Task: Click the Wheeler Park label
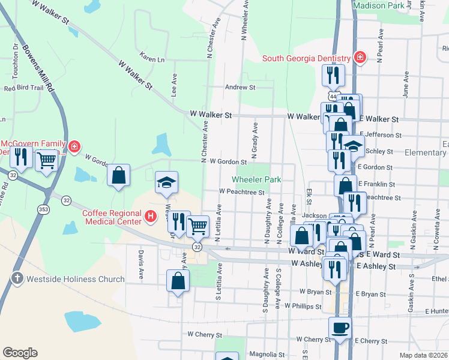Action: (x=257, y=179)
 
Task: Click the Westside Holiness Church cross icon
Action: (x=17, y=278)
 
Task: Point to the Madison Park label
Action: (x=379, y=5)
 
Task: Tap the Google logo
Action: (x=20, y=353)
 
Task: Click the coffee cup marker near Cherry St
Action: (x=340, y=328)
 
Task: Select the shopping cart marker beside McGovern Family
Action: (x=46, y=160)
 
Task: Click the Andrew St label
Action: (x=240, y=87)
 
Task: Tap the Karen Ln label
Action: (x=152, y=60)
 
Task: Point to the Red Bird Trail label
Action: (x=24, y=88)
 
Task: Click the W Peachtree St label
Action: (x=242, y=192)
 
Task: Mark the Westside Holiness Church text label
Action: (x=75, y=279)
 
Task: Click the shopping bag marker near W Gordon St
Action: (x=119, y=176)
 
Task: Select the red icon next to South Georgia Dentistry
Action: (x=360, y=58)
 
